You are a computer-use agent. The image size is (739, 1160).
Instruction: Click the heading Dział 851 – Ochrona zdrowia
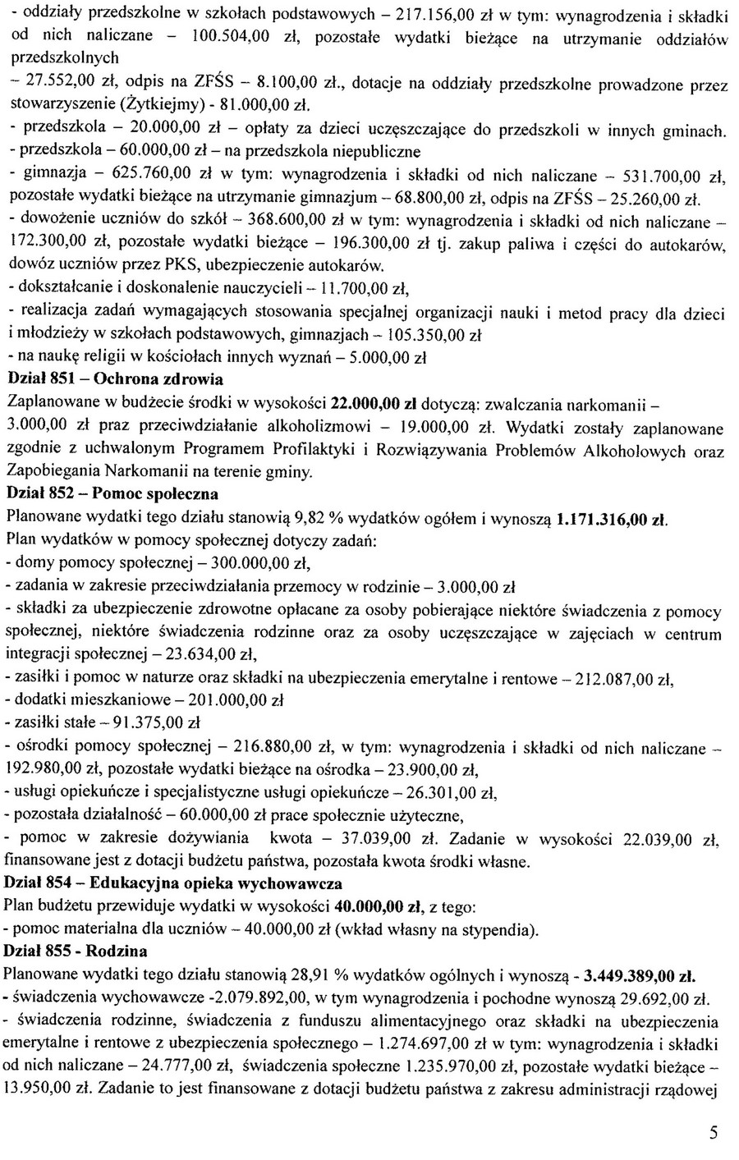tap(114, 380)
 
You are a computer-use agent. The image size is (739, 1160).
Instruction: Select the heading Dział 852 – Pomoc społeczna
tap(112, 494)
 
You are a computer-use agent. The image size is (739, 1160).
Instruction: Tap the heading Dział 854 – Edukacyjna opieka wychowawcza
tap(173, 883)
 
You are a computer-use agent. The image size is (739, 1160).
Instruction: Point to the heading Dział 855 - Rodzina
tap(76, 951)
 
